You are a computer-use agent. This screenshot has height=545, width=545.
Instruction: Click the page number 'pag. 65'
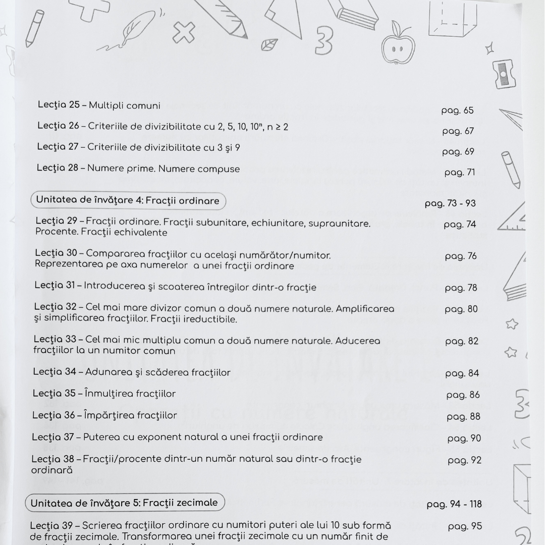point(457,111)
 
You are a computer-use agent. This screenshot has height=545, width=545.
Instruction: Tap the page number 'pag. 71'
point(459,173)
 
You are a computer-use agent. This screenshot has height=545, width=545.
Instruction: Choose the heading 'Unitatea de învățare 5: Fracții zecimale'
point(124,503)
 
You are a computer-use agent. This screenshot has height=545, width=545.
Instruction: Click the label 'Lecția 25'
point(59,105)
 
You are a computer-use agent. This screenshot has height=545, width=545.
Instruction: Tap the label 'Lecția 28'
point(58,168)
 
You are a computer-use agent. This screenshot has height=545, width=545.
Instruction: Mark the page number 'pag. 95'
point(465,526)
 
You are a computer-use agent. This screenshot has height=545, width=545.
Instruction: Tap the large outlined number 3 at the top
point(323,41)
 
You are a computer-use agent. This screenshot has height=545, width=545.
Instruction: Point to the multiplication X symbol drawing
point(184,33)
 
